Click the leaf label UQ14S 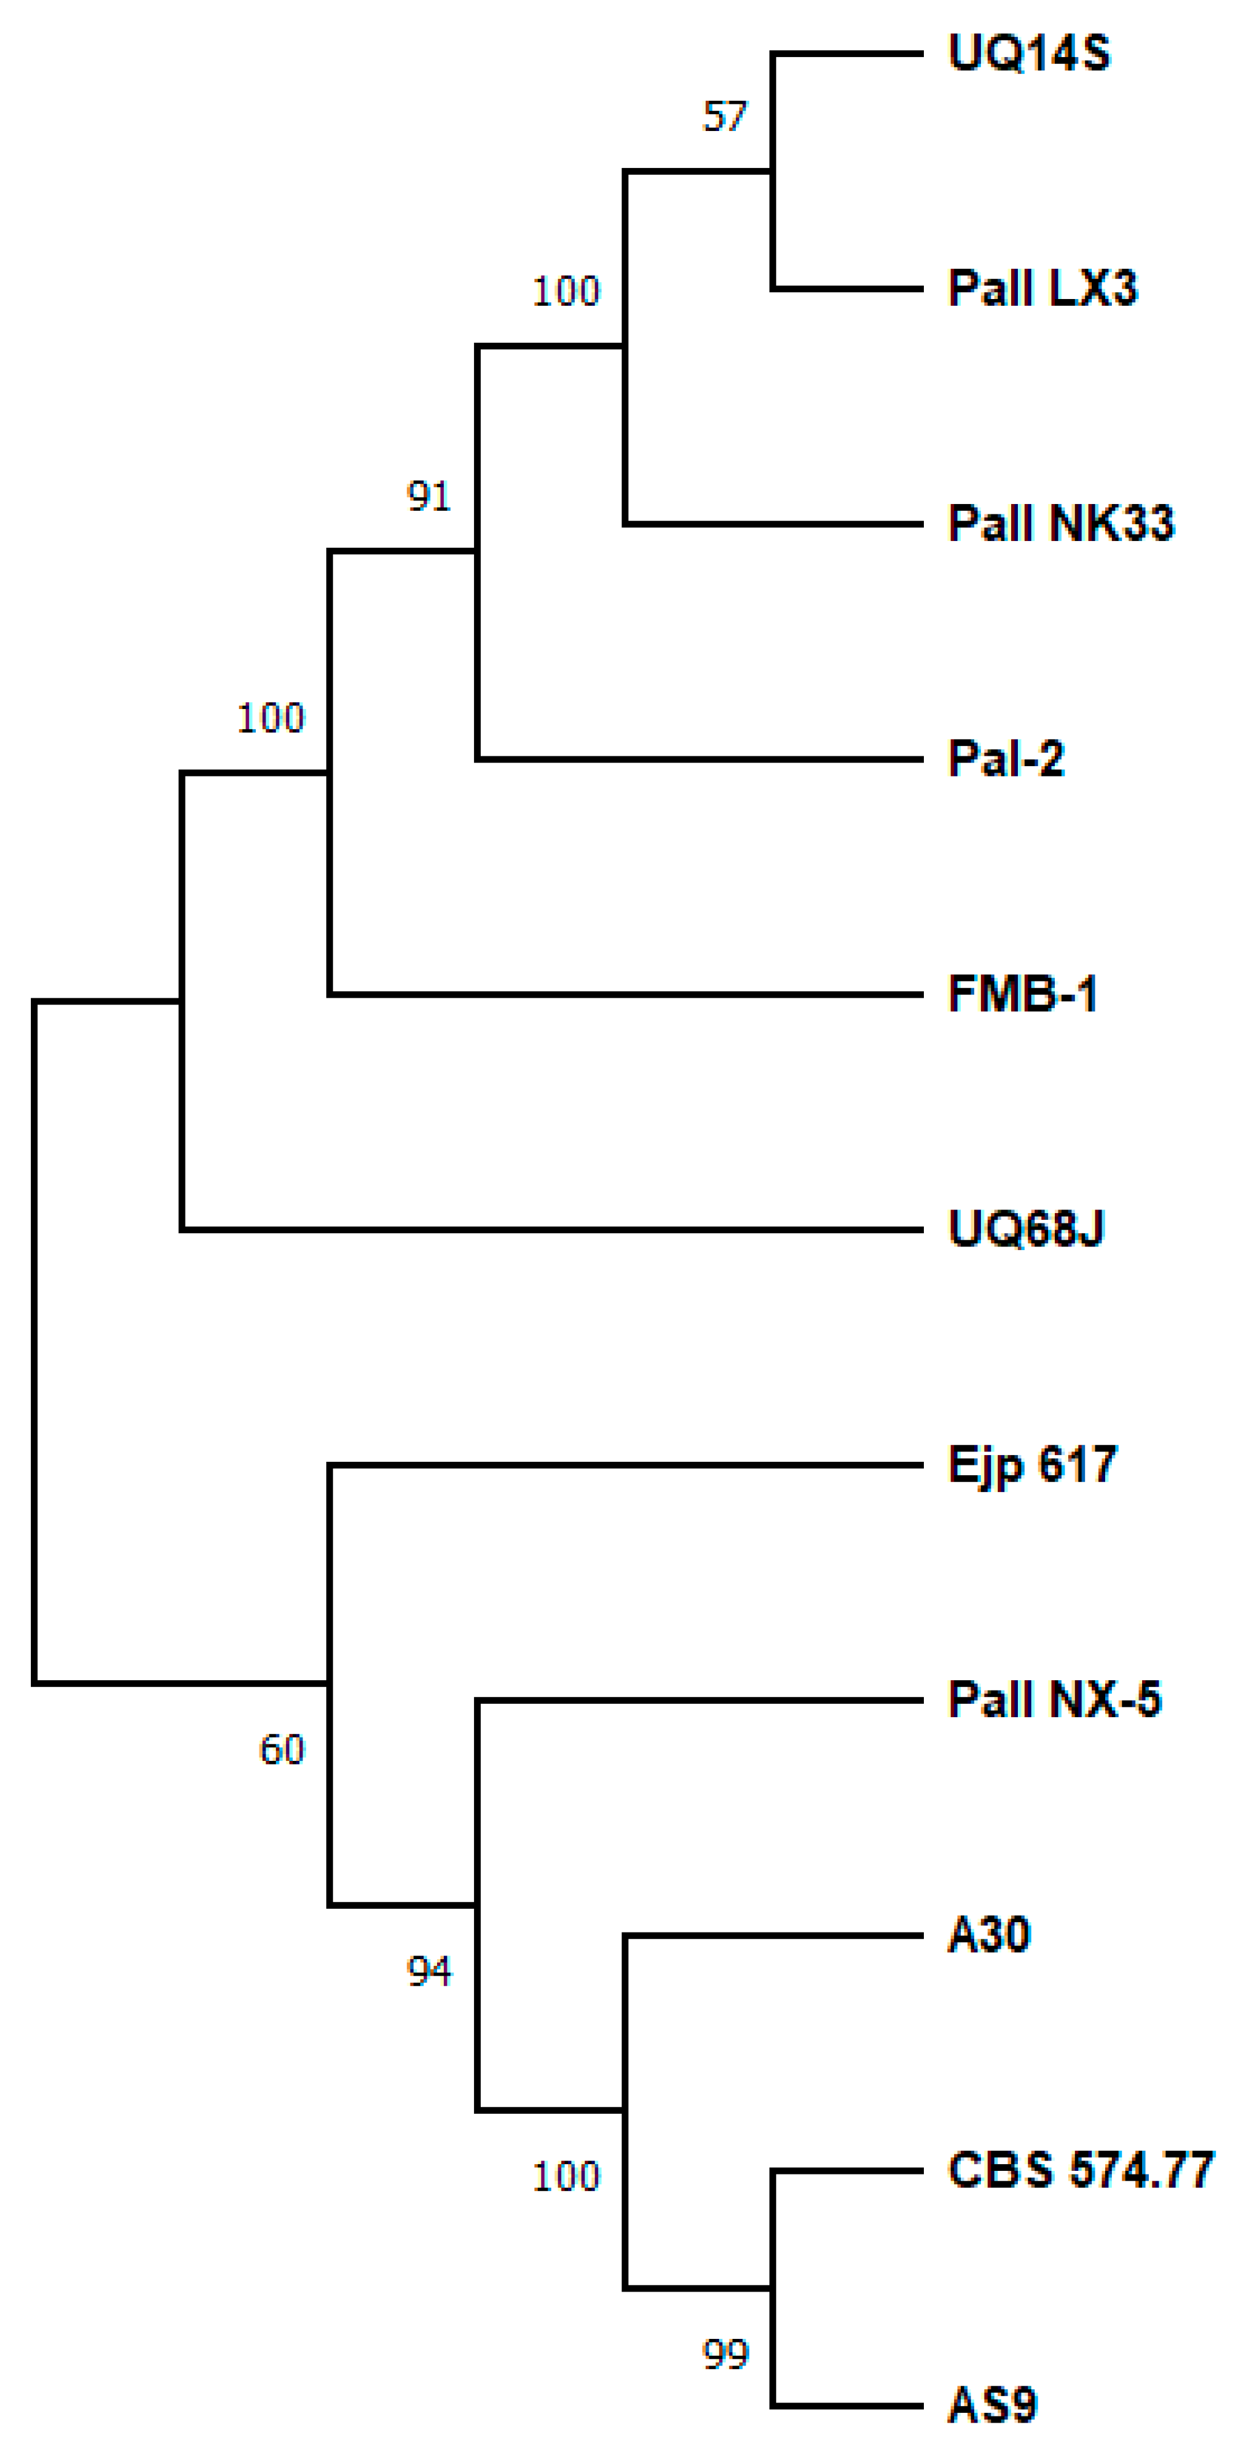pos(1028,53)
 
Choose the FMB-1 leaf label pos(1021,994)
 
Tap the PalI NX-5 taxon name pos(1054,1700)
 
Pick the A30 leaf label pos(988,1935)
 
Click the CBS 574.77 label pos(1080,2170)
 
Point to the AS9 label pos(992,2405)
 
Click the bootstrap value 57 pos(725,116)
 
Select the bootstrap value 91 pos(429,496)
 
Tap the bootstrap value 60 pos(281,1750)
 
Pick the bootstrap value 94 pos(429,1972)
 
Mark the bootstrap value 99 pos(725,2354)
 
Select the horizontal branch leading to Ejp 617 pos(626,1465)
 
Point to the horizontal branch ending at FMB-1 pos(626,994)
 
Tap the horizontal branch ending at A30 pos(773,1936)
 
